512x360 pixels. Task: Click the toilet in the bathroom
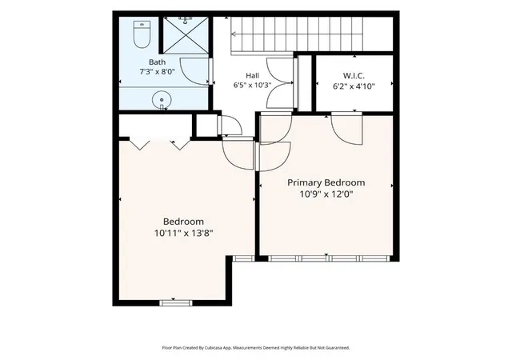click(142, 34)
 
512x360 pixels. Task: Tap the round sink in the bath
click(162, 100)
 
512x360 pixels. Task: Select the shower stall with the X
click(186, 34)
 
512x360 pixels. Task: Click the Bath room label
click(157, 62)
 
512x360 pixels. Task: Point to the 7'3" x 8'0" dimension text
click(157, 71)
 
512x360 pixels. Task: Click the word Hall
click(253, 76)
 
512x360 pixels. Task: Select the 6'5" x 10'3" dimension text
click(253, 86)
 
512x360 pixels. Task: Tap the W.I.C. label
click(354, 76)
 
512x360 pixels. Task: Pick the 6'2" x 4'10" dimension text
click(354, 86)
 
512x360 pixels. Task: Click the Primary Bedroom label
click(326, 182)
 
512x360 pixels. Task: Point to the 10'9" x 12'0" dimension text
click(326, 194)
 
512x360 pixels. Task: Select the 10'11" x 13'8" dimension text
click(183, 234)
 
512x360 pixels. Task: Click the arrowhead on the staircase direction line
click(234, 34)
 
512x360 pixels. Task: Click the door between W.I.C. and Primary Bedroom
click(346, 128)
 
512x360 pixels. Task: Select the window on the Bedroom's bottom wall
click(176, 303)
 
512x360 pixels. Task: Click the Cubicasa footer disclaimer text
click(256, 348)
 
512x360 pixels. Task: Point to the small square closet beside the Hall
click(206, 125)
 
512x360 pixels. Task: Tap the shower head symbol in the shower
click(185, 21)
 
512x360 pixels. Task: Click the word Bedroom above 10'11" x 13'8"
click(183, 222)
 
